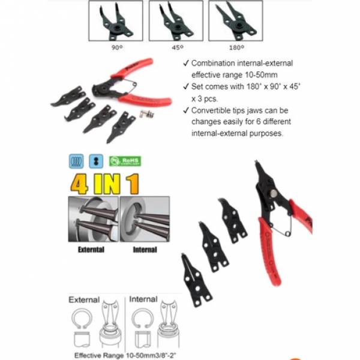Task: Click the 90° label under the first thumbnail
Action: [x=116, y=46]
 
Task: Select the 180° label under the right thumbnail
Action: [x=236, y=46]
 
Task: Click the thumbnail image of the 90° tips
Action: [x=116, y=20]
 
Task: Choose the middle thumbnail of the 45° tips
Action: [x=175, y=20]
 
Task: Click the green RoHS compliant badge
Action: [x=125, y=161]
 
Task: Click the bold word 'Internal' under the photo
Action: [x=145, y=249]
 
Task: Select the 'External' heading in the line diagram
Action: [x=84, y=299]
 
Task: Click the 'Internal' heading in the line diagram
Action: [x=143, y=299]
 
